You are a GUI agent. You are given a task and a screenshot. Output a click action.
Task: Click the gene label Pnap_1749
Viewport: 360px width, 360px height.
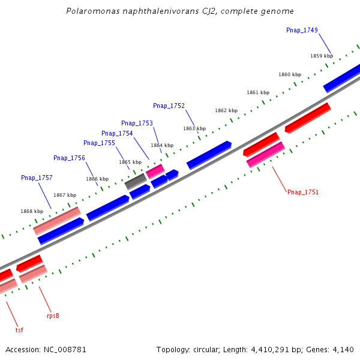[x=302, y=30]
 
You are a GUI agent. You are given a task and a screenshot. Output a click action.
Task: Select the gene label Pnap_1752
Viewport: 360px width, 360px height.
[x=169, y=106]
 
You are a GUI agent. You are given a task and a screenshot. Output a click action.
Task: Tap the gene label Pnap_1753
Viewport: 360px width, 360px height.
[x=137, y=123]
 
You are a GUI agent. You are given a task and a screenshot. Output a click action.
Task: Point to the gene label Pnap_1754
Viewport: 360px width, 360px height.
[x=117, y=133]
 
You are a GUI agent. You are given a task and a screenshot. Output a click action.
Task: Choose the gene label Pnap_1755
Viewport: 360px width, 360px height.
[x=99, y=143]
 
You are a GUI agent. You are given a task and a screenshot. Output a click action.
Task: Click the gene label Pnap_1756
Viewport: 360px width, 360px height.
[x=69, y=158]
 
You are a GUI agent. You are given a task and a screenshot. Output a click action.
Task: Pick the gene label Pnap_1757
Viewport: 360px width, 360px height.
[x=37, y=178]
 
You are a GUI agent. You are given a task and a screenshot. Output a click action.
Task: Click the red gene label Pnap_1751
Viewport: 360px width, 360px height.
[x=302, y=192]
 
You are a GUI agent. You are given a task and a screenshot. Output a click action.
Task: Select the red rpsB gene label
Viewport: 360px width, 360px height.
[x=53, y=316]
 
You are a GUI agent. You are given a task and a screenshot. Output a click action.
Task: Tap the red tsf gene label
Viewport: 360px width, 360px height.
[x=19, y=329]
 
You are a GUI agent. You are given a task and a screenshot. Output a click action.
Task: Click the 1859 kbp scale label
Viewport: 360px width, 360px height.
[x=322, y=56]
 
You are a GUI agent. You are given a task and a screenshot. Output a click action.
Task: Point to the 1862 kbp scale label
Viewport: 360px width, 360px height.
[x=226, y=110]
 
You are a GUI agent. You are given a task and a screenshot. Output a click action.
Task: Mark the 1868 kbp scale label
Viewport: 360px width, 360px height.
[x=32, y=211]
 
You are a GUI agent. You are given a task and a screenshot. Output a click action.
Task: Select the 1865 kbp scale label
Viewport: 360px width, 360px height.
[x=130, y=162]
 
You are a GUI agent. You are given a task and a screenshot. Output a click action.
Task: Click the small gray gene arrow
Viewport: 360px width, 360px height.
[x=136, y=181]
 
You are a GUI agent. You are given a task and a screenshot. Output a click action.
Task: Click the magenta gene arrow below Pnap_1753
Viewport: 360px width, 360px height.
[x=155, y=171]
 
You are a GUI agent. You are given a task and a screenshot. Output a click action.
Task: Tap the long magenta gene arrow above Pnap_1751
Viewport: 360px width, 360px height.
[x=265, y=154]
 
